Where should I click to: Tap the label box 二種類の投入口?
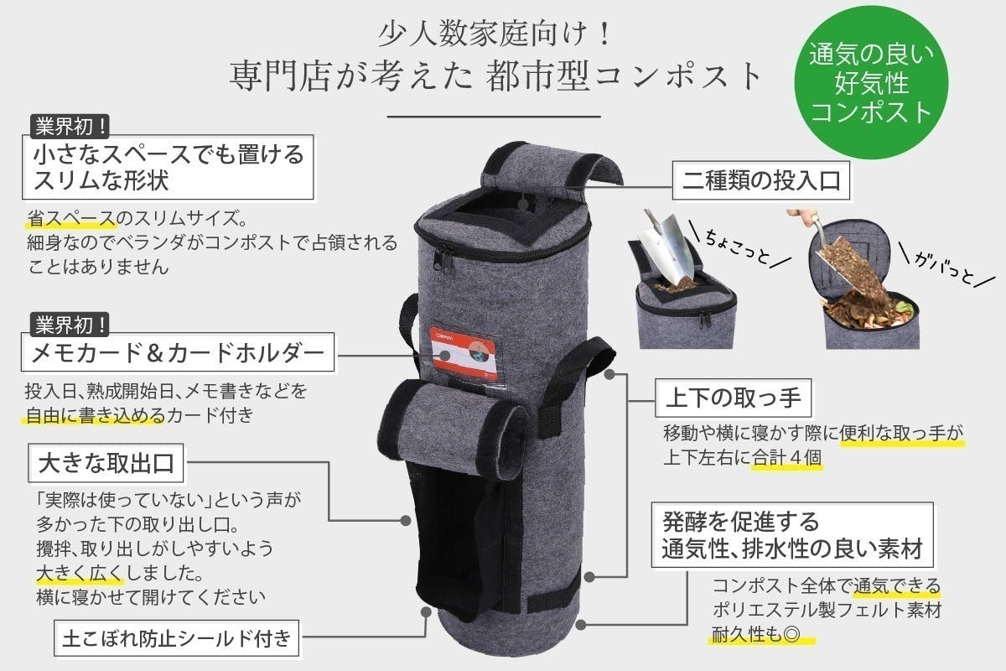(x=761, y=181)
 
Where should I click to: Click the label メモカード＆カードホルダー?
(x=177, y=354)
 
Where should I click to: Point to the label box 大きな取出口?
(x=106, y=462)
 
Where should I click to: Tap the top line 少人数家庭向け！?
(x=498, y=34)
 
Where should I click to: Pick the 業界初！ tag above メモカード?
(x=70, y=323)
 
